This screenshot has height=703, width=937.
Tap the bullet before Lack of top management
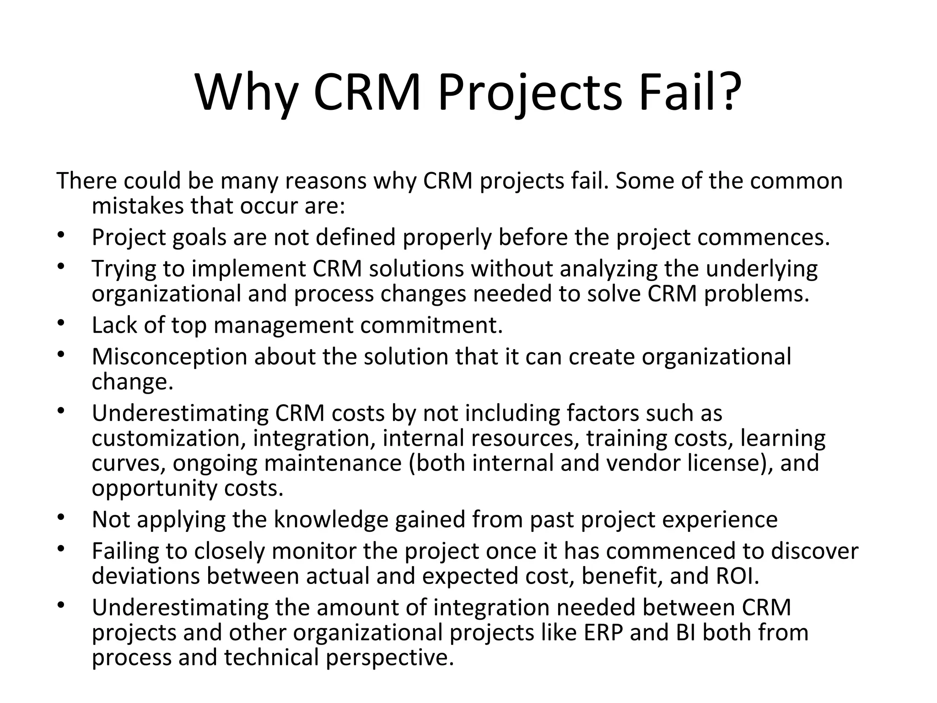(61, 322)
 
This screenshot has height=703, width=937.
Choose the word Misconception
(169, 357)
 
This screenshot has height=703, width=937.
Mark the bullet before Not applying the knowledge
(61, 517)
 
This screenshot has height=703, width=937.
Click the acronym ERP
(603, 633)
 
